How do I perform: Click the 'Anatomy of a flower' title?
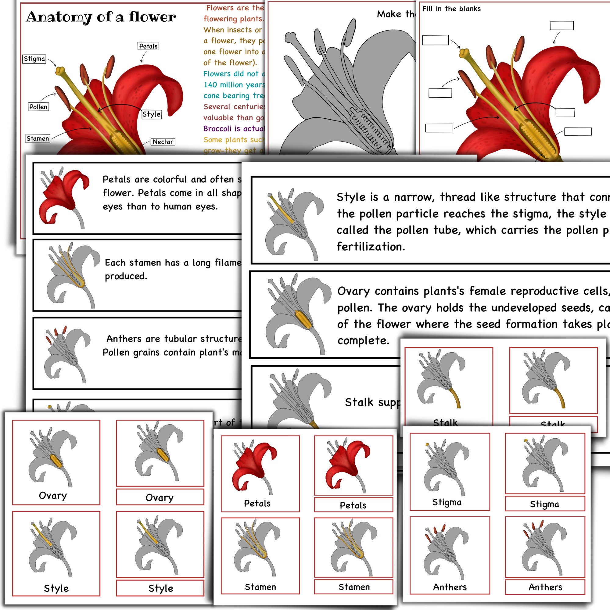pos(101,17)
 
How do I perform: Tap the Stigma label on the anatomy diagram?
pos(34,59)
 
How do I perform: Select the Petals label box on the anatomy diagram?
pos(148,46)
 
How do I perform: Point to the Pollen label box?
pos(38,107)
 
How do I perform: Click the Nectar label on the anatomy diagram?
pos(163,142)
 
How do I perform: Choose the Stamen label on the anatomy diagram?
pos(38,138)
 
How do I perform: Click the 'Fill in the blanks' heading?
pos(451,9)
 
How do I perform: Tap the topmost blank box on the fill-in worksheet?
pos(562,26)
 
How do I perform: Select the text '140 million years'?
pos(234,84)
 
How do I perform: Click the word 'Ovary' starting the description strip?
pos(353,291)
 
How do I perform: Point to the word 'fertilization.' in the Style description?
pos(371,246)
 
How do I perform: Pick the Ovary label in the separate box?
pos(160,497)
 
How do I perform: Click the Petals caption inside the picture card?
pos(257,503)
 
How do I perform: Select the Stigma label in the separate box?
pos(544,504)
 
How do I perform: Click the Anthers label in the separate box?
pos(545,587)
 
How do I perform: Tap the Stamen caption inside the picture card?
pos(260,587)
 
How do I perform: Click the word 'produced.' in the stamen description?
pos(126,276)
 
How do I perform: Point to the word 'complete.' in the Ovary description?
pos(363,340)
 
